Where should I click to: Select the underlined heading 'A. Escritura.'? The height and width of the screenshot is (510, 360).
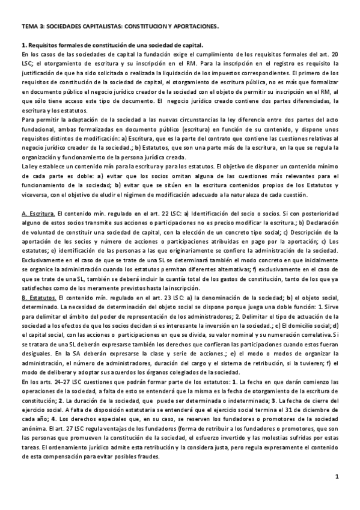click(x=38, y=214)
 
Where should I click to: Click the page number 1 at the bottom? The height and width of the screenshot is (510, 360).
click(x=337, y=494)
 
